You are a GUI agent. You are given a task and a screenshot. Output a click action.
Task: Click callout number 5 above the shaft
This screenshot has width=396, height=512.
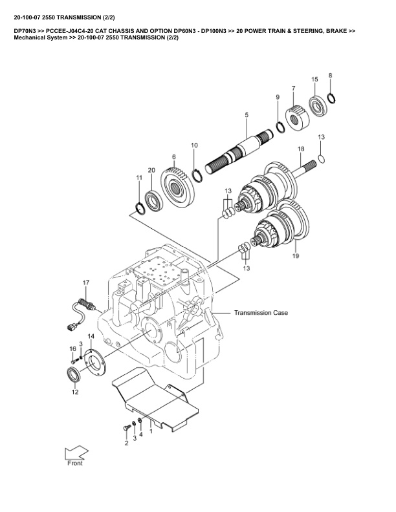[x=247, y=114]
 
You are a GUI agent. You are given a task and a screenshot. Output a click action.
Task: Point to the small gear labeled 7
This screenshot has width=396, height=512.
[x=299, y=117]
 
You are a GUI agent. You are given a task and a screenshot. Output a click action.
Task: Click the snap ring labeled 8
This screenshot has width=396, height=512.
[x=331, y=98]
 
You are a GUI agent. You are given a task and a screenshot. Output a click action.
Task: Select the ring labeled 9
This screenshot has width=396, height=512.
[x=280, y=126]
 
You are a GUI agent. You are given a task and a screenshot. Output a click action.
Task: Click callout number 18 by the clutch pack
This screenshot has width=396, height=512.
[x=300, y=149]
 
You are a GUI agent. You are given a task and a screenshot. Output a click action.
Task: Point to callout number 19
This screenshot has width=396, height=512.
[x=296, y=256]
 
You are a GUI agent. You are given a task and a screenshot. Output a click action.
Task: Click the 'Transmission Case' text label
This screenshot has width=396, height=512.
[x=261, y=312]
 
